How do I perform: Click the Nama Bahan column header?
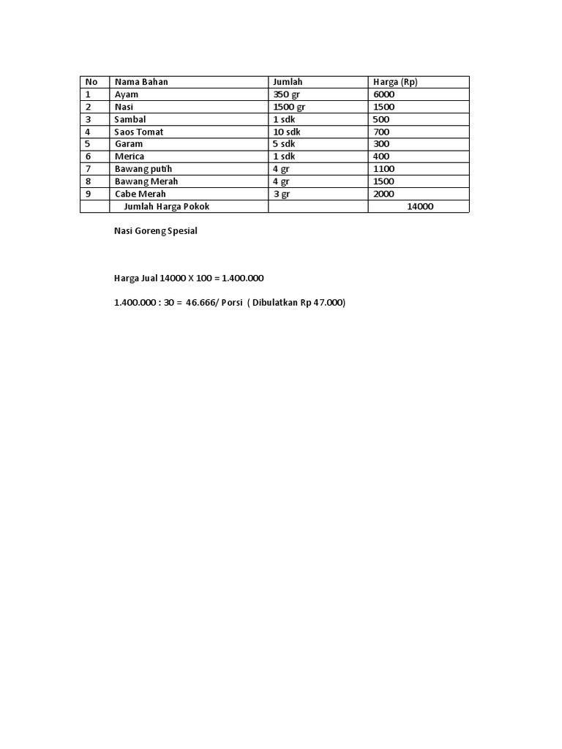(x=141, y=82)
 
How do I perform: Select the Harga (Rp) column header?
(x=395, y=82)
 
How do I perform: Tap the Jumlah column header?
(x=287, y=82)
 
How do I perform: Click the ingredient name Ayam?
(x=126, y=94)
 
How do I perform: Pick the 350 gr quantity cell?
(x=286, y=94)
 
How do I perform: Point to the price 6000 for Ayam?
(x=384, y=94)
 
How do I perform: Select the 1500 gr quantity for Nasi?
(x=288, y=107)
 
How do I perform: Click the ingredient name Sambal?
(x=130, y=119)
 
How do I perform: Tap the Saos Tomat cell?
(x=138, y=132)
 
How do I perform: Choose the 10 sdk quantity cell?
(x=286, y=132)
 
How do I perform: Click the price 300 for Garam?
(x=381, y=144)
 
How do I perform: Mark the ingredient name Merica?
(x=130, y=157)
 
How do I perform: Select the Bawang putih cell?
(x=143, y=169)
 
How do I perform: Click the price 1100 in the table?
(x=383, y=169)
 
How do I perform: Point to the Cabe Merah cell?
(x=140, y=194)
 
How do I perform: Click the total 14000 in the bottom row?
(x=420, y=206)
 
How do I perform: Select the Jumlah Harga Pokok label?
(x=167, y=206)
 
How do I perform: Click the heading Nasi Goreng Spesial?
(x=155, y=231)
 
